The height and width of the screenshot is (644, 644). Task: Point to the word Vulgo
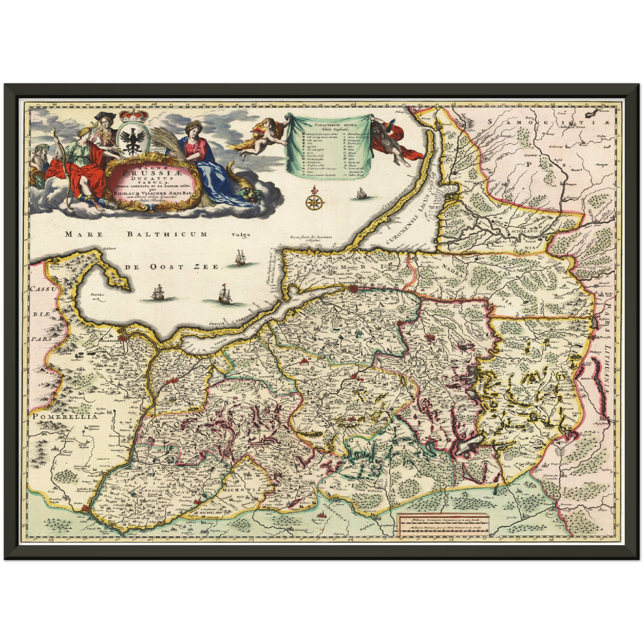click(241, 235)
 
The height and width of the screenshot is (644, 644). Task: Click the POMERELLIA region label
click(64, 417)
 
